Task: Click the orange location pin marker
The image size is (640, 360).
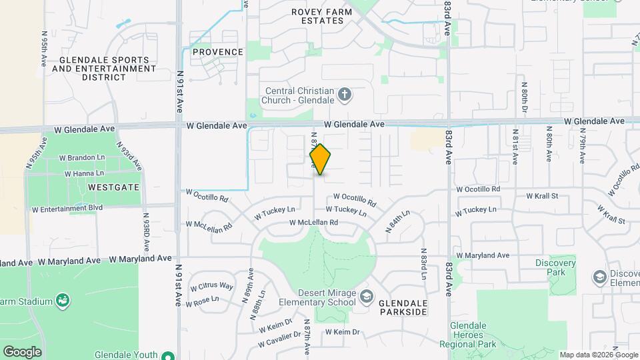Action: click(320, 159)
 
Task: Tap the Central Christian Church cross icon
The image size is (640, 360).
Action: click(345, 95)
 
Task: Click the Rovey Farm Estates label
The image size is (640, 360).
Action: click(317, 16)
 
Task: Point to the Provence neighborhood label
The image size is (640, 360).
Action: click(218, 52)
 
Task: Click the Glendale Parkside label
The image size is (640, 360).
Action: click(403, 307)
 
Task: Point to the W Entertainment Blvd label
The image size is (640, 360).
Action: click(67, 208)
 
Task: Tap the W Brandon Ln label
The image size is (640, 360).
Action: click(81, 159)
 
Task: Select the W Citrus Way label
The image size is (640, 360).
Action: click(211, 287)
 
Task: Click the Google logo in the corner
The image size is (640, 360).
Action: click(22, 351)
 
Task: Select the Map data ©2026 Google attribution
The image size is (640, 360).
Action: click(599, 355)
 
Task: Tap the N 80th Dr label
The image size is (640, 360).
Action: click(525, 97)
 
